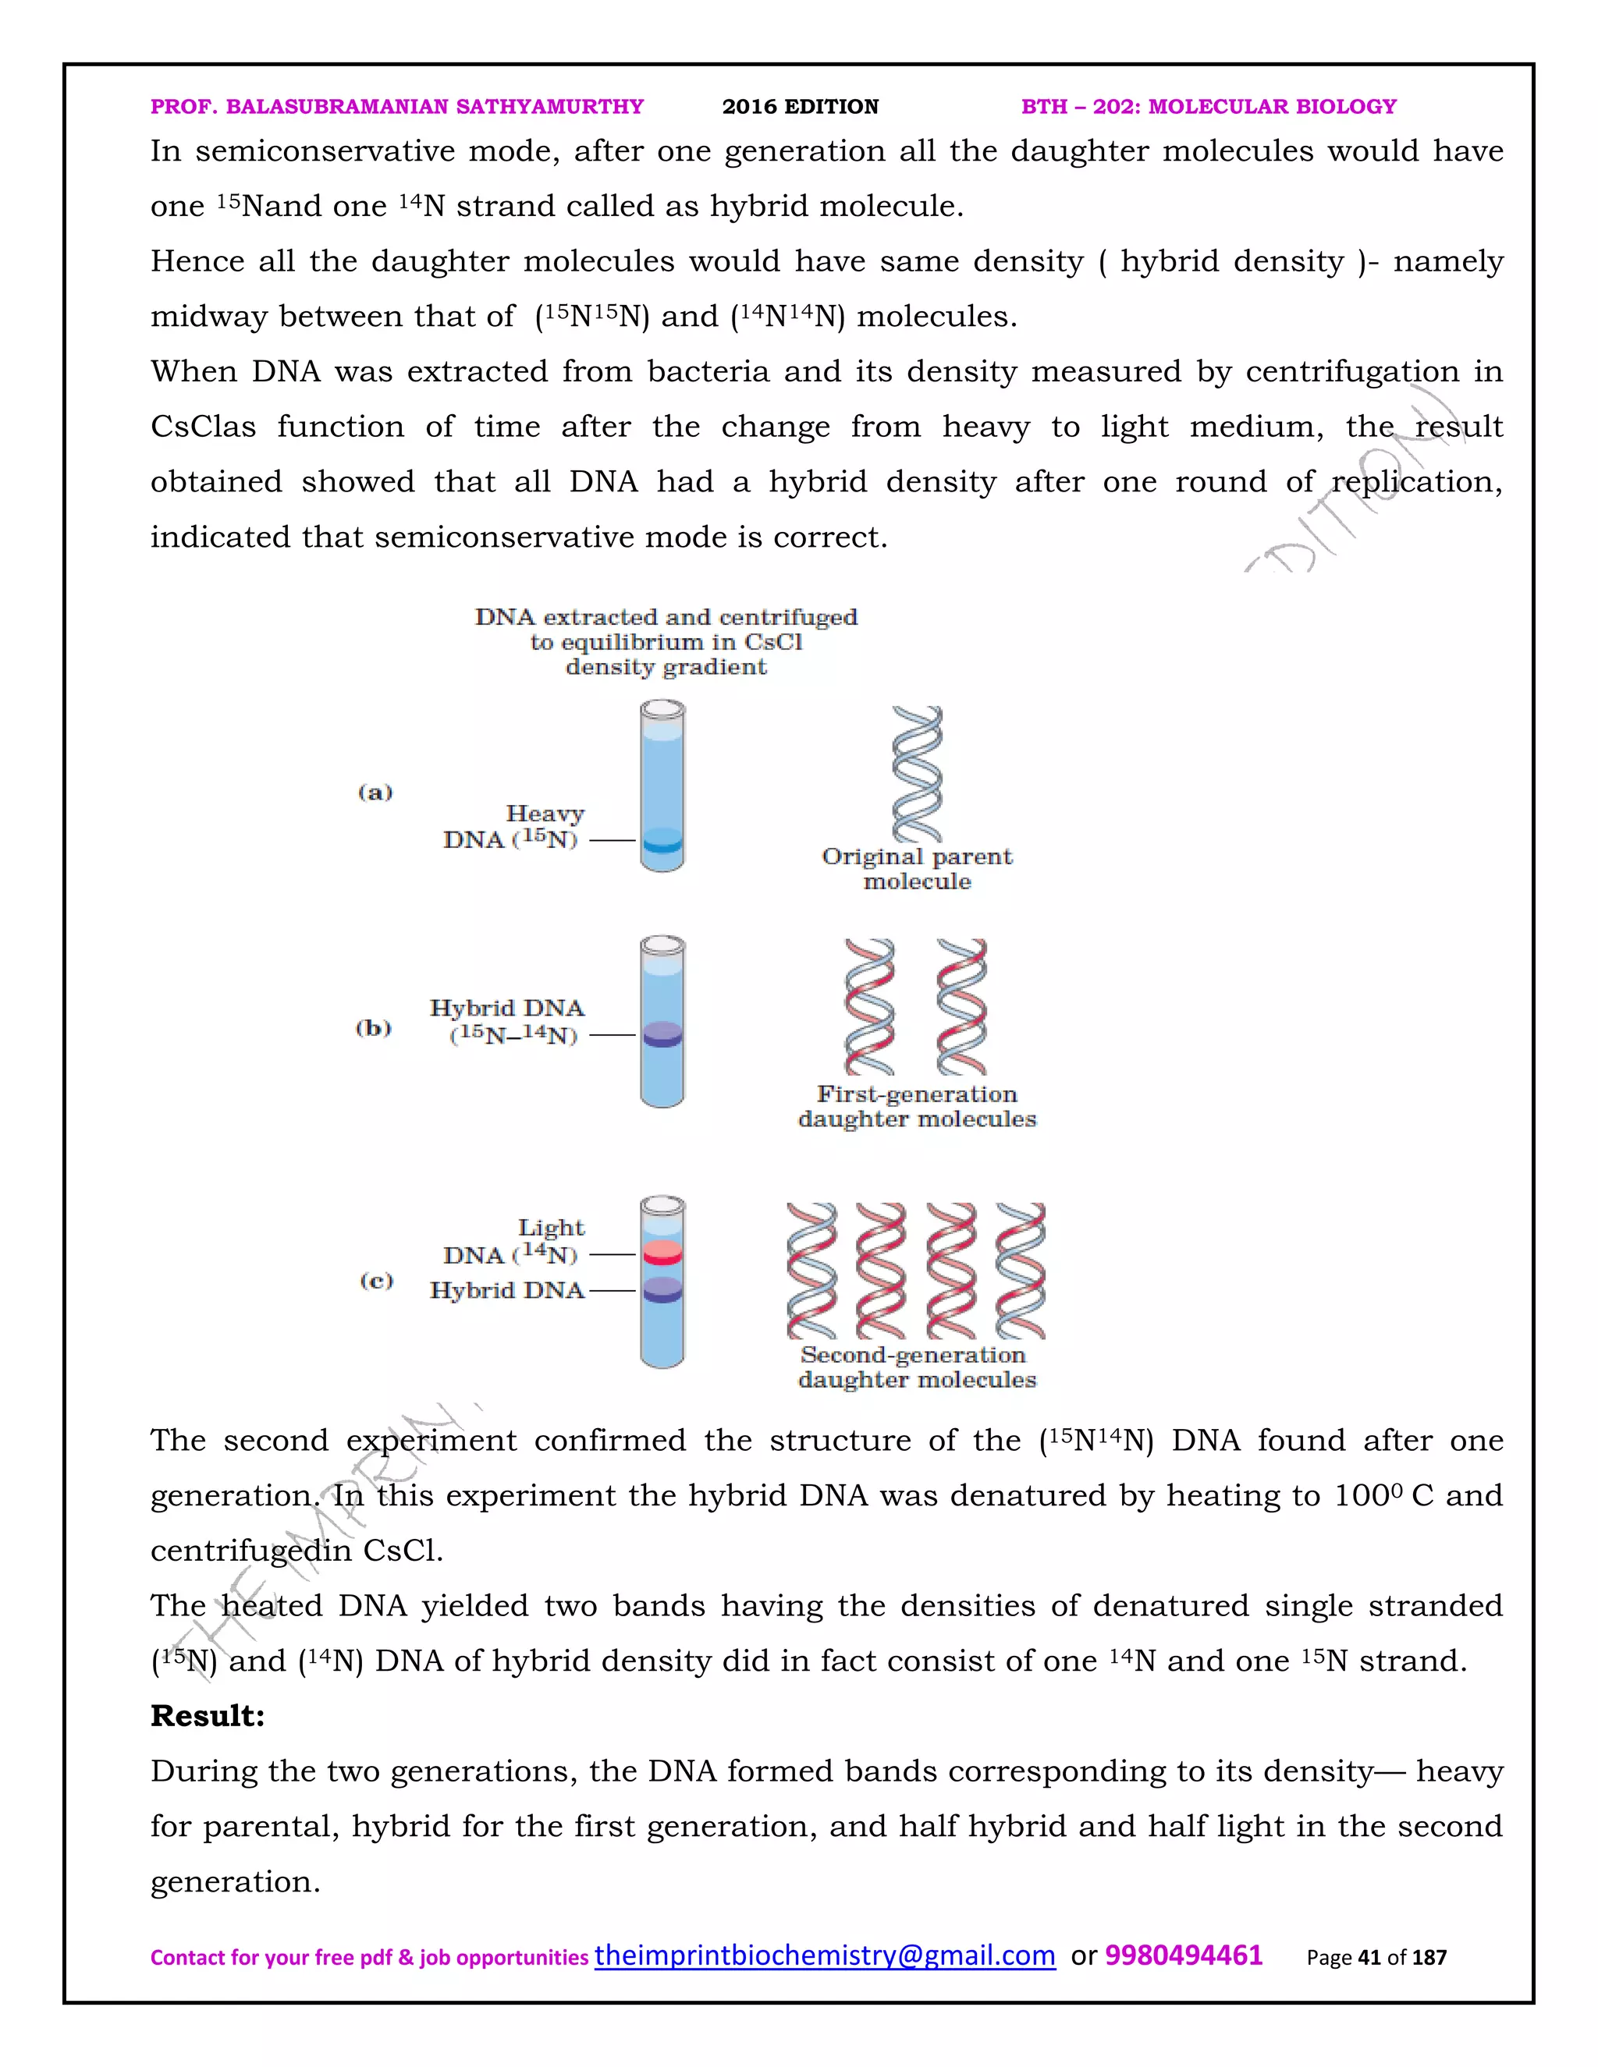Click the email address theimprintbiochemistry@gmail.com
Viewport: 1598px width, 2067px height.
pyautogui.click(x=824, y=1955)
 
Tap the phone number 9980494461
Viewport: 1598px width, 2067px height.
pyautogui.click(x=1184, y=1955)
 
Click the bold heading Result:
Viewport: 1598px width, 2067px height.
pyautogui.click(x=208, y=1716)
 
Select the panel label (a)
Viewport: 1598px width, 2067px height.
pyautogui.click(x=375, y=792)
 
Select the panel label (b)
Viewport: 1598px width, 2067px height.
pyautogui.click(x=373, y=1028)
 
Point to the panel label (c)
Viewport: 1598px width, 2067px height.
pyautogui.click(x=376, y=1281)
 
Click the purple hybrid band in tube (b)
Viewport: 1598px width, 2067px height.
pyautogui.click(x=662, y=1034)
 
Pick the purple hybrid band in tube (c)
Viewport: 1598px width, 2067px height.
pyautogui.click(x=662, y=1289)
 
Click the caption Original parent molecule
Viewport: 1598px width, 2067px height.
pyautogui.click(x=916, y=869)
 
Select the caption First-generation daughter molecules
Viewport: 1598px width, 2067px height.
pyautogui.click(x=916, y=1106)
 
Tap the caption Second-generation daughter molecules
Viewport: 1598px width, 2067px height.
pyautogui.click(x=916, y=1367)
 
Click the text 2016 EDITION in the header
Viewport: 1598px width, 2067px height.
pyautogui.click(x=800, y=107)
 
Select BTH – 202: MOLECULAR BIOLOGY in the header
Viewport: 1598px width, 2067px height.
pyautogui.click(x=1209, y=107)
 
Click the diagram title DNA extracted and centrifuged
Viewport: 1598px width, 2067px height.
pyautogui.click(x=666, y=617)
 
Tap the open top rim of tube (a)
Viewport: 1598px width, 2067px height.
pyautogui.click(x=662, y=708)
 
